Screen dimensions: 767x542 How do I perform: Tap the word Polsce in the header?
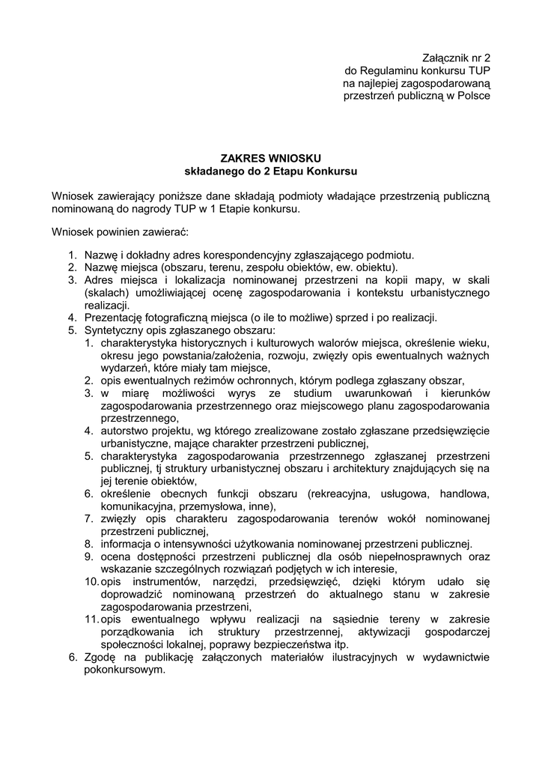tap(473, 96)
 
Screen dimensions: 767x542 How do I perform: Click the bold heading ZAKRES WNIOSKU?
tap(270, 158)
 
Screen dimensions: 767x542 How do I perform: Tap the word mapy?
tap(418, 280)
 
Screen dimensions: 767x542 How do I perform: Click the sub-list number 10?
tap(91, 582)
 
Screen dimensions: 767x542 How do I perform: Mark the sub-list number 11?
tap(91, 619)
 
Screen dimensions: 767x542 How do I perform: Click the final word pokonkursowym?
tap(124, 670)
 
